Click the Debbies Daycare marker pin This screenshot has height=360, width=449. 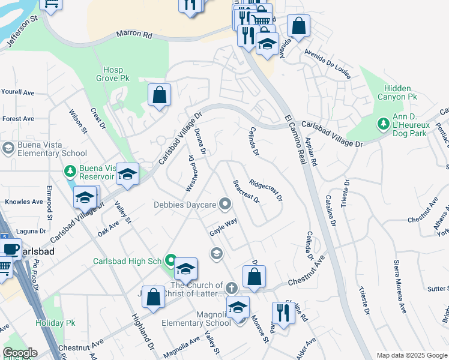click(x=226, y=205)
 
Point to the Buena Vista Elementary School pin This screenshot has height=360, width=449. click(x=8, y=148)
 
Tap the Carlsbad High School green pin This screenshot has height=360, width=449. click(x=170, y=261)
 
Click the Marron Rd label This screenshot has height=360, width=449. click(x=134, y=34)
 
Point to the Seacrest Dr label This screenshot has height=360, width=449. click(x=246, y=191)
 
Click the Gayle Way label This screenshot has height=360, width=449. click(x=223, y=227)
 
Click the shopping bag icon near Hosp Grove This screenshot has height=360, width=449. click(x=159, y=95)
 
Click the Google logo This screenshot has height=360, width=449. click(x=20, y=353)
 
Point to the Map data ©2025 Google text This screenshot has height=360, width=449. click(x=411, y=355)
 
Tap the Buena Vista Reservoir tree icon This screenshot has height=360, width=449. click(x=71, y=172)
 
